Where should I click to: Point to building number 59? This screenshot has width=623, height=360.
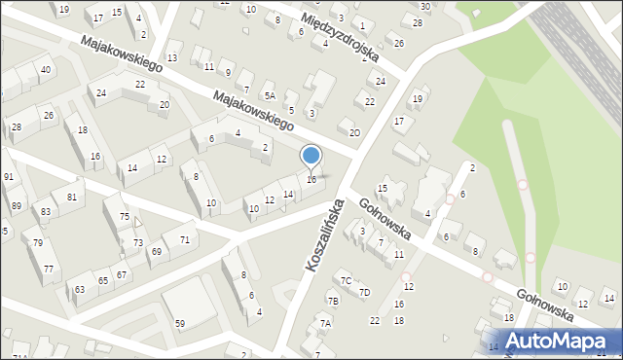point(180,323)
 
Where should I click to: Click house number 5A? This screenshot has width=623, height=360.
point(270,95)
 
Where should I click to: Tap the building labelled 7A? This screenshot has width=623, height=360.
point(326,323)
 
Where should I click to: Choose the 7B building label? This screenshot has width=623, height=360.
point(333,302)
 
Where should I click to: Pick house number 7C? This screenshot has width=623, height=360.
point(346,281)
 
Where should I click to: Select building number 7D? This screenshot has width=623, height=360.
point(364,292)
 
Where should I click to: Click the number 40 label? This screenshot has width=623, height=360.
point(46,70)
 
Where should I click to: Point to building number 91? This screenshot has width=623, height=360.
point(8,177)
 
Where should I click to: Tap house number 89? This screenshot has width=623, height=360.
point(16,205)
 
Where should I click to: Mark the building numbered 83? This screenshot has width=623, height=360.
point(45,211)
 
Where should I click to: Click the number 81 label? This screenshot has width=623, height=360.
point(71,198)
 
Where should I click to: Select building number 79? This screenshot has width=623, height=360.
point(37,242)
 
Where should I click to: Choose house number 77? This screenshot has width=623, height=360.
point(49,268)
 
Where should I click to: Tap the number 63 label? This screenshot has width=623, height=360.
point(79,289)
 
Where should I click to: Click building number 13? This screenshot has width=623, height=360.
point(172,58)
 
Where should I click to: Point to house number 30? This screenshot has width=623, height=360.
point(425,7)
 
